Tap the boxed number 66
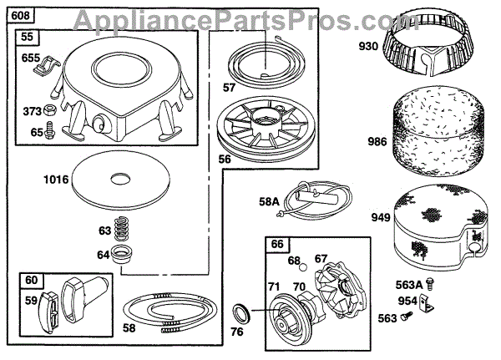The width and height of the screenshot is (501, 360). tap(277, 244)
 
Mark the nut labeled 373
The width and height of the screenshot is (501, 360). tap(49, 109)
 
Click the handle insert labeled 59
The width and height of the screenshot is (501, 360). tap(47, 311)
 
